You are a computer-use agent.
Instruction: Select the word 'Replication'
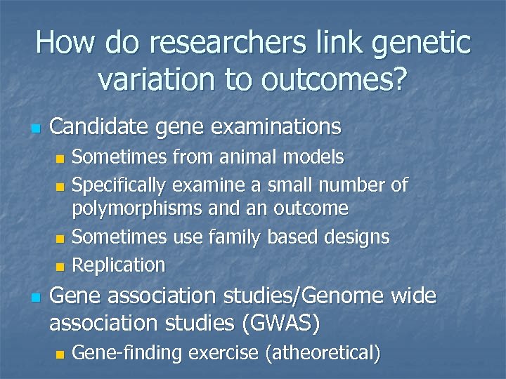119,265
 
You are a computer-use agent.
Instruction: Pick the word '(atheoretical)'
323,353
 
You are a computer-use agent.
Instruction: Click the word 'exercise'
224,353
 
